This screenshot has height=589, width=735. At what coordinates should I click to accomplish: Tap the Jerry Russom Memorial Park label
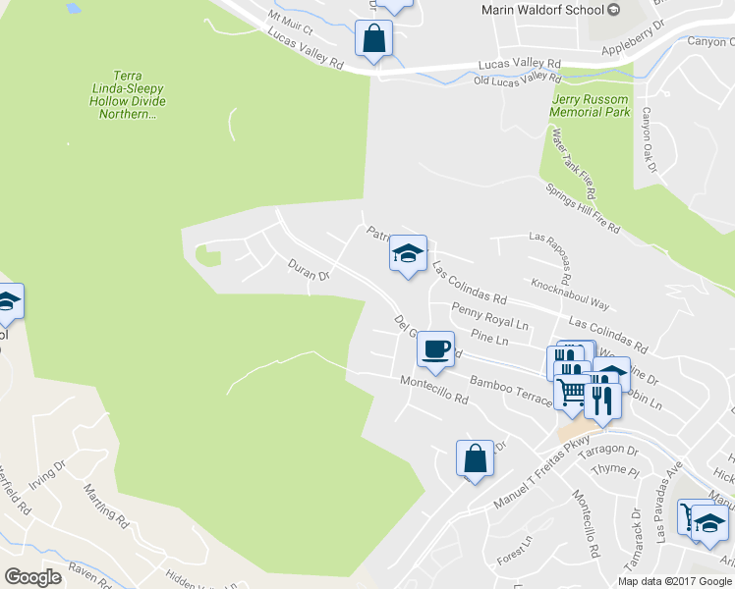coord(590,106)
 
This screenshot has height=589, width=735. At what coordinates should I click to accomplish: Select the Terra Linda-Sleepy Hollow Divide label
coord(135,94)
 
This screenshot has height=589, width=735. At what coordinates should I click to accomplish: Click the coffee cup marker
coord(434,348)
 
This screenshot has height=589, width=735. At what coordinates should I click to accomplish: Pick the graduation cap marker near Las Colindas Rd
coord(407,254)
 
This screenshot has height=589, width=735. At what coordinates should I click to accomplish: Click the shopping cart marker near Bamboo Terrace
coord(572,391)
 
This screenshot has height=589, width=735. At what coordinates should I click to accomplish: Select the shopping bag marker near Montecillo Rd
coord(474,457)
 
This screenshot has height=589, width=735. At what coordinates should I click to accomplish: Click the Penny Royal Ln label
coord(489,316)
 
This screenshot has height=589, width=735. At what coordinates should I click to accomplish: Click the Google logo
coord(32,576)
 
